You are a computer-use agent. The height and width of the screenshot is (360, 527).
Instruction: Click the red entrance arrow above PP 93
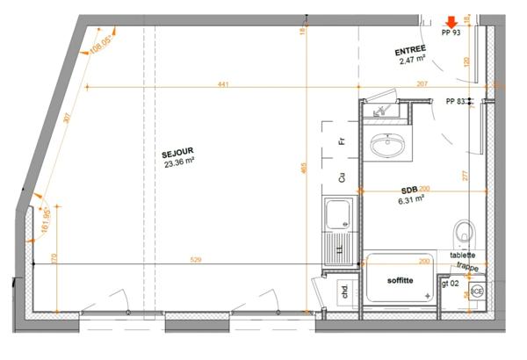click(451, 21)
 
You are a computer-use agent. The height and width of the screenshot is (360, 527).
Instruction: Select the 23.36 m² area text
click(178, 162)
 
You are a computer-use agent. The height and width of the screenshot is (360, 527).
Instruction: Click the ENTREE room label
click(411, 50)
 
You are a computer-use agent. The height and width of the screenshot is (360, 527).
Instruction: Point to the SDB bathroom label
click(409, 190)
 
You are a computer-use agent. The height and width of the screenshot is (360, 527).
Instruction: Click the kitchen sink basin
click(336, 214)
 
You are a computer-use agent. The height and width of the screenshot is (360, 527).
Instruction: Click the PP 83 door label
click(456, 102)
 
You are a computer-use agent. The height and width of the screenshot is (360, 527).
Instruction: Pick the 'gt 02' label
click(451, 285)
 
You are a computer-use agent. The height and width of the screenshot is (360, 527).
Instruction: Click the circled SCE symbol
click(476, 291)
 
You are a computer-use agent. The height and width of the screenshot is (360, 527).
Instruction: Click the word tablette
click(463, 255)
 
